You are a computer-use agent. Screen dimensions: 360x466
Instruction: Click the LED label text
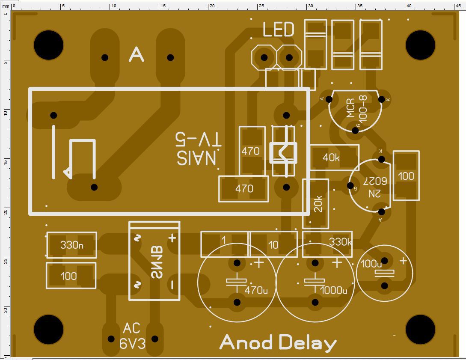click(278, 30)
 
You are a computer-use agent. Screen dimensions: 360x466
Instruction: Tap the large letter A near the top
click(136, 55)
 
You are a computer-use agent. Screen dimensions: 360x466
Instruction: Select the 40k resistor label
click(331, 158)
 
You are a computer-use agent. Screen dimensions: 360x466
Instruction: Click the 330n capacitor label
click(71, 245)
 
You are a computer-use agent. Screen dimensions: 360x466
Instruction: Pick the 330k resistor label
click(340, 242)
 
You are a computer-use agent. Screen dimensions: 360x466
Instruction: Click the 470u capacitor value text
click(256, 290)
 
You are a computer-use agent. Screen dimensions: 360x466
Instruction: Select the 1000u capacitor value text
click(333, 290)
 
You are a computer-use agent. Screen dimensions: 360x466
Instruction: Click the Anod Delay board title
click(278, 343)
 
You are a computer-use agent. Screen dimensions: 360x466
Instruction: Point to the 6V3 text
click(132, 344)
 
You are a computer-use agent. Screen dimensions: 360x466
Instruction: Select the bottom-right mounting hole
click(420, 330)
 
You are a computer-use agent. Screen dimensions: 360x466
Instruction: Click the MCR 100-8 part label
click(356, 109)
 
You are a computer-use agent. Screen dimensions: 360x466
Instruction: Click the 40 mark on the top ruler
click(408, 6)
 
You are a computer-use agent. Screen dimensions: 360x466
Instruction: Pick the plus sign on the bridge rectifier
click(172, 238)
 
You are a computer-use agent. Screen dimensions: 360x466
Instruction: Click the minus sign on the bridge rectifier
click(172, 284)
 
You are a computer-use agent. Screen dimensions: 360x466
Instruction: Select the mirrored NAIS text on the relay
click(197, 158)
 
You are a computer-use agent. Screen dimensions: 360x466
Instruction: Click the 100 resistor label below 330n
click(68, 276)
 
